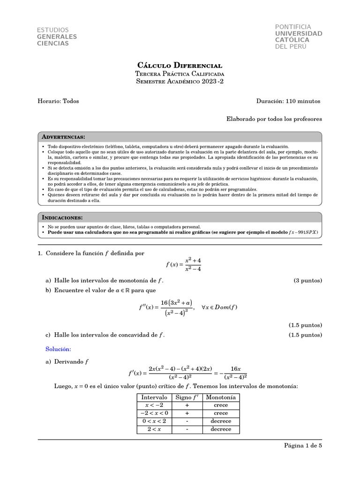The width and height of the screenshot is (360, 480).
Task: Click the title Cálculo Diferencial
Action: pos(180,65)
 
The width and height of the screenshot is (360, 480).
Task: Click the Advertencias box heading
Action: pos(64,137)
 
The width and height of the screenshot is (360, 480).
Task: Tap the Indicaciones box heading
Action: pos(62,217)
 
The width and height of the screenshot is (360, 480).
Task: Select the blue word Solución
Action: pos(58,349)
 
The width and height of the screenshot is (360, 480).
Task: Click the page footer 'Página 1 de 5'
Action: pos(303,446)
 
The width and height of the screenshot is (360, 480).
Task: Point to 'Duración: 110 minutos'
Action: pos(288,101)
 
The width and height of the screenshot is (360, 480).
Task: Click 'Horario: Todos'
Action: pos(58,101)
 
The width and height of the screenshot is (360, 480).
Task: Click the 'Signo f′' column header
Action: pos(187,397)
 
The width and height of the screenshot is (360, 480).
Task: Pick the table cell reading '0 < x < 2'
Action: pos(154,421)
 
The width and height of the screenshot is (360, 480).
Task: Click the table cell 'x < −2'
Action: pos(154,405)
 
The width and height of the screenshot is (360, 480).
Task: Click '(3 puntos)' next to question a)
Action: pos(307,280)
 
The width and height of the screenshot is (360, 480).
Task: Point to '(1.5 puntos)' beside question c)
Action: pos(305,335)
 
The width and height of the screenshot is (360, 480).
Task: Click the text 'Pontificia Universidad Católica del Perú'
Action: pos(298,37)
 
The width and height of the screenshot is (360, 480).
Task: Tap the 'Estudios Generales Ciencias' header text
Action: pos(57,37)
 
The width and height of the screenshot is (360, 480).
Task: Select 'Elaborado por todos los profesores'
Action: pos(274,119)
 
